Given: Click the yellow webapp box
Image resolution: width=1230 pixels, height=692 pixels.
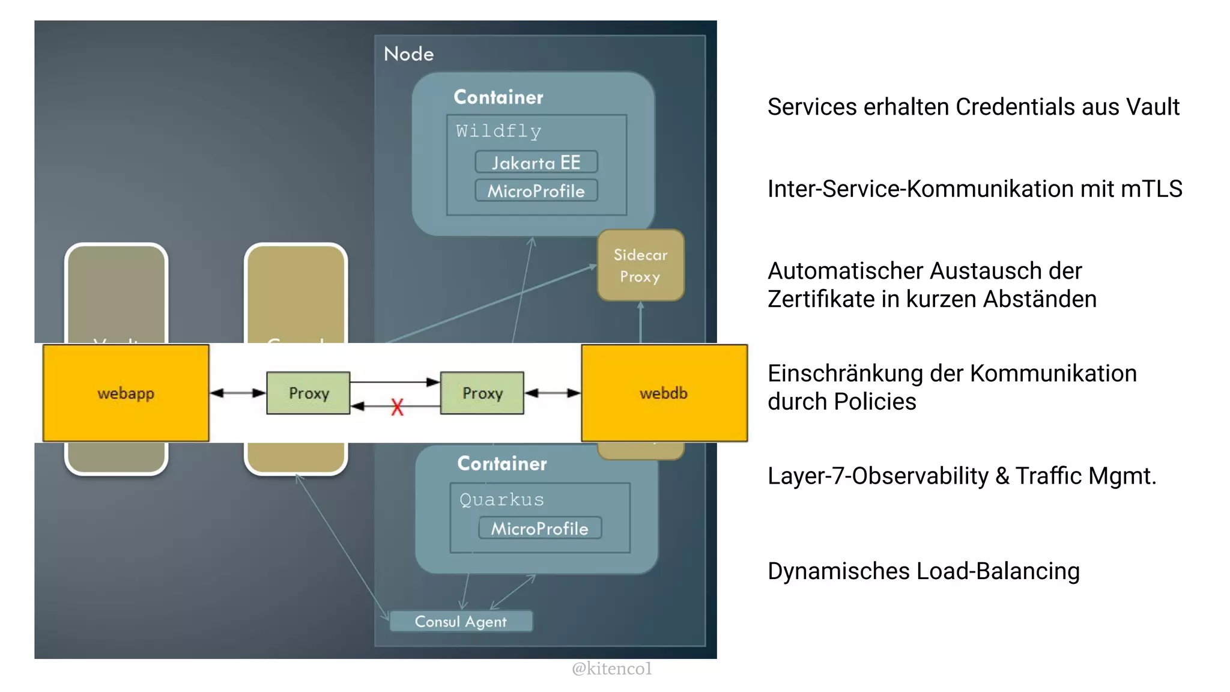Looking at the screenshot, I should [126, 393].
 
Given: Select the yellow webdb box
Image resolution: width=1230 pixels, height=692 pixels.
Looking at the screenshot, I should [664, 393].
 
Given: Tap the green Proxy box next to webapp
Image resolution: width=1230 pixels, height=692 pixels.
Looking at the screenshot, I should [308, 393].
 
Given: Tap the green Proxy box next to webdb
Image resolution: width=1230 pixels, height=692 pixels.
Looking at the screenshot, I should [482, 393].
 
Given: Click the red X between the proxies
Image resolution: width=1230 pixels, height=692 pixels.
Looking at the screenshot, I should [397, 407].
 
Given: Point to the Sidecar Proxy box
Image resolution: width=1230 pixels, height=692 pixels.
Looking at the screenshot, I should [640, 266].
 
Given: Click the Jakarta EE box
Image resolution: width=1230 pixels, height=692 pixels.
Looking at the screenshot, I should [536, 162].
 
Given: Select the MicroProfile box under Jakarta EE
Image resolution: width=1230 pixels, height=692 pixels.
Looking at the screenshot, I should [536, 191].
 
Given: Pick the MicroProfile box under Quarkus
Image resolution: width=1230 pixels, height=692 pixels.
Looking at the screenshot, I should [539, 529].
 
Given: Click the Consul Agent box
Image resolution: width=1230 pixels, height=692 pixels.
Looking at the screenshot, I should [461, 621].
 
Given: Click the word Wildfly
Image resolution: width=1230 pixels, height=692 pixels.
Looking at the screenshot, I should [498, 131].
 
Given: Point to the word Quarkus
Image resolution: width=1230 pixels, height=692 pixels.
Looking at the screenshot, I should [501, 499].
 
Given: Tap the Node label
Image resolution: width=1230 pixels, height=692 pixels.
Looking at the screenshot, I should [408, 54].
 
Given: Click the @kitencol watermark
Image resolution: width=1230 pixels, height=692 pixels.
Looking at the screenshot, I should [611, 669].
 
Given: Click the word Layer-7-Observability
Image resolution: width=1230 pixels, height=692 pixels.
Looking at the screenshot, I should [877, 476].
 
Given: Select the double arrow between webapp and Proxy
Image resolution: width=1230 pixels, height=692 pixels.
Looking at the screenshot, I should [238, 393].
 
